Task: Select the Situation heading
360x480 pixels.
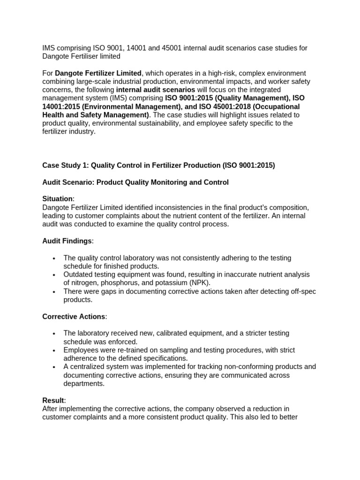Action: click(x=58, y=199)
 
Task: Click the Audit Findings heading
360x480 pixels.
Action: click(x=67, y=241)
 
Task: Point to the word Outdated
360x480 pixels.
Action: click(x=79, y=274)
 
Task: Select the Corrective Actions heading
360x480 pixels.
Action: click(x=74, y=316)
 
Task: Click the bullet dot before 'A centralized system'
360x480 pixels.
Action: click(x=55, y=367)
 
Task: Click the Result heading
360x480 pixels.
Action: click(x=53, y=400)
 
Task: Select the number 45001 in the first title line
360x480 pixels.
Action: click(x=193, y=48)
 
